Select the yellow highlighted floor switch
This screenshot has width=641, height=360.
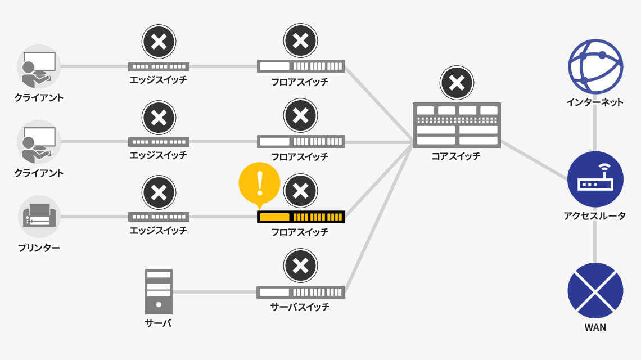(301, 217)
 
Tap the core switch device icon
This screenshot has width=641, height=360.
(457, 125)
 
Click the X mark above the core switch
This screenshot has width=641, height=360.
(457, 83)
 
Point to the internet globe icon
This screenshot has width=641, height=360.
(595, 66)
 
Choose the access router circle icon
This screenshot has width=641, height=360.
(595, 179)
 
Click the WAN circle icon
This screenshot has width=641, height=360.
(595, 290)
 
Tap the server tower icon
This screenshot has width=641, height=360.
(159, 291)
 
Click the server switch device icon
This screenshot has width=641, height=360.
(301, 292)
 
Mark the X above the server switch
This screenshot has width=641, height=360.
(301, 265)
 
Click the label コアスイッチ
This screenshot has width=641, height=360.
(456, 156)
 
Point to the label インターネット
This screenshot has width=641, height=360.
(595, 102)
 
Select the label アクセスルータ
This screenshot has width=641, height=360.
(595, 215)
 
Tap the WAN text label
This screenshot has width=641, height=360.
(595, 327)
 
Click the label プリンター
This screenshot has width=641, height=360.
(39, 247)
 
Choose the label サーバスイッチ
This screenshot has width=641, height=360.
(300, 307)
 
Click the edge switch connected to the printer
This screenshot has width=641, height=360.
(159, 217)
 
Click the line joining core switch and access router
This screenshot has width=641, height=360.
(534, 160)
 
